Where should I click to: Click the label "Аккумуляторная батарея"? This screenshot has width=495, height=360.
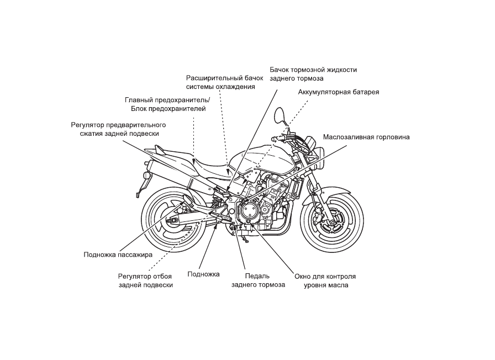(339, 92)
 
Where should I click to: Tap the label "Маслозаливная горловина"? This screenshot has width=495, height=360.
(366, 137)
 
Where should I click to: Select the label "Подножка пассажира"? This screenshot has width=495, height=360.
(118, 255)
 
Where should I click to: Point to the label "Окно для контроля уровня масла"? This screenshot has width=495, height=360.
(325, 281)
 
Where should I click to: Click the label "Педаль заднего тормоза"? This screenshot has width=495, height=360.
(258, 280)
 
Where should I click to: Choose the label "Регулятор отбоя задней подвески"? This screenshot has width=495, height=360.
(145, 281)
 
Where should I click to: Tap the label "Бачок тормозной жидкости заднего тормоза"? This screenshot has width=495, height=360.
(313, 74)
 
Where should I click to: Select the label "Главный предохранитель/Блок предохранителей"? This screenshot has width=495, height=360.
(167, 104)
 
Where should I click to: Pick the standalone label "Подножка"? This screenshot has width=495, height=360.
(203, 274)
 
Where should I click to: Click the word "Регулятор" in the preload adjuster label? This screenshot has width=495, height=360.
(87, 125)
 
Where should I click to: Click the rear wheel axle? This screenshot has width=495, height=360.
(173, 220)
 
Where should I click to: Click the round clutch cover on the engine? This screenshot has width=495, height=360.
(249, 211)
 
